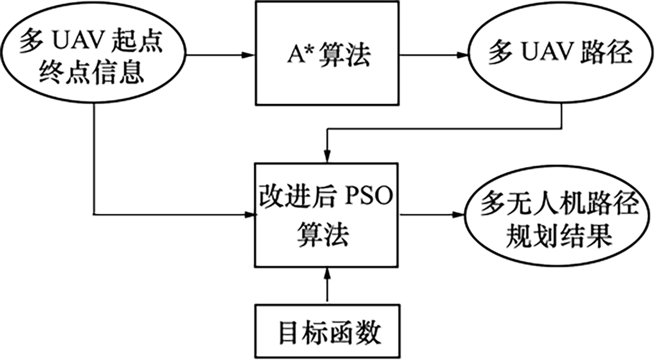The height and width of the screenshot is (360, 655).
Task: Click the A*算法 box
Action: tap(327, 53)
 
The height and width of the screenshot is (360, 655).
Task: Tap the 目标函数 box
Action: tap(327, 331)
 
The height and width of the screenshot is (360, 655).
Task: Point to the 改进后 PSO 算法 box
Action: tap(327, 214)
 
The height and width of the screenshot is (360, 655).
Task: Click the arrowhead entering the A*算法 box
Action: tap(249, 55)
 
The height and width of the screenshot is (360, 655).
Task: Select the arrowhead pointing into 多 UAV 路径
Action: tap(463, 55)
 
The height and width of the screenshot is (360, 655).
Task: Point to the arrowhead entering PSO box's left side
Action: tap(249, 214)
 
